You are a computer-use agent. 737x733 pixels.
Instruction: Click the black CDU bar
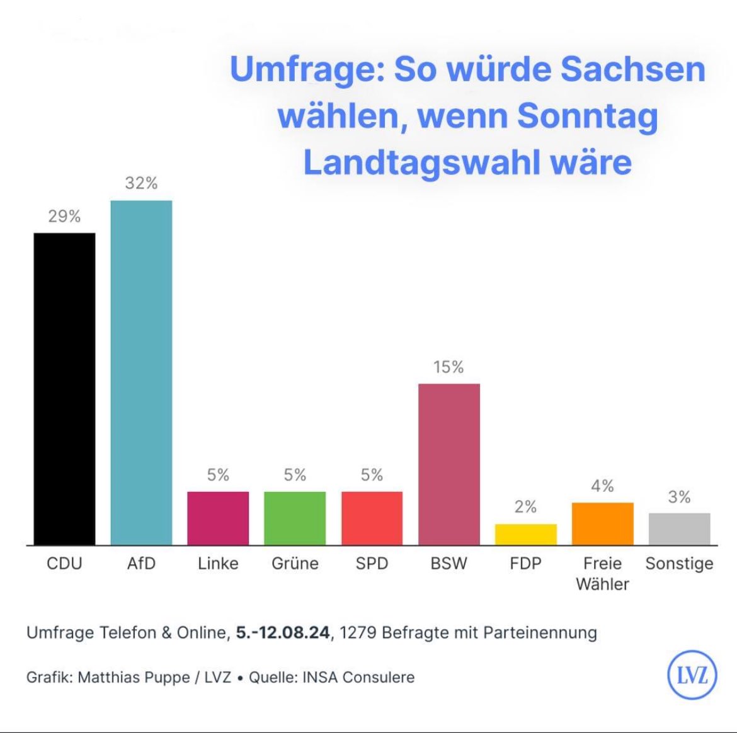64,389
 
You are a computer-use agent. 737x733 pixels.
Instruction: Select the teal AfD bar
141,372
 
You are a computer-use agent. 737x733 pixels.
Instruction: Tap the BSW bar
448,464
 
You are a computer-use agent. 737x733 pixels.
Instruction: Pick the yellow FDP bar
525,534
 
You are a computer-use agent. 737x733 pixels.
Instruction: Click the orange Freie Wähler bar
602,523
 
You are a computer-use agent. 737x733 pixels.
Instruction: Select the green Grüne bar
295,518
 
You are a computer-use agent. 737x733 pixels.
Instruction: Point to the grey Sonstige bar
679,528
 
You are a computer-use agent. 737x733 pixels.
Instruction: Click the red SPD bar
372,518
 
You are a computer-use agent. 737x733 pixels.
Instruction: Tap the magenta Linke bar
218,518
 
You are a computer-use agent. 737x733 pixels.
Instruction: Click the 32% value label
141,183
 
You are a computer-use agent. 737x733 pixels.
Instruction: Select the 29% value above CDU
64,217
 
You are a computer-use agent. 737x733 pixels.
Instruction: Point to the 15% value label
448,367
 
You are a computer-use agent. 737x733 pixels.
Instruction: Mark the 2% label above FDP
525,507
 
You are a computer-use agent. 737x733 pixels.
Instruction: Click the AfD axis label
141,563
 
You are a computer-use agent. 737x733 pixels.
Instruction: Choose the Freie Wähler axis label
602,574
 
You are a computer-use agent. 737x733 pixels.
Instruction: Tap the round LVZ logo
692,675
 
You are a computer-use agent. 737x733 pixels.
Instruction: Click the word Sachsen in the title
632,69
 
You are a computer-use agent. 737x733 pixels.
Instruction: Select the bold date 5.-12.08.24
283,632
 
